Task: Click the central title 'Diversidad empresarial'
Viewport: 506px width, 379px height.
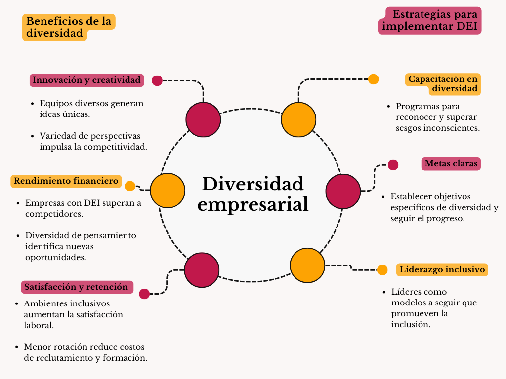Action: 253,194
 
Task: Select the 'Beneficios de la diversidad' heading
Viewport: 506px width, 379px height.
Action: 68,27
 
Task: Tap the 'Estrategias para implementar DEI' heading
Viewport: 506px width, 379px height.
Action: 430,20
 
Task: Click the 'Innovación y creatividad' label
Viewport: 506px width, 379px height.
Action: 87,80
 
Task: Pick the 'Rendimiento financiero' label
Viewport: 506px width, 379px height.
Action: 66,181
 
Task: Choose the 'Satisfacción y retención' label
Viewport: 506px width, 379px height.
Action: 76,287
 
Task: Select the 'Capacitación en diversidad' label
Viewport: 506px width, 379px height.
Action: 443,84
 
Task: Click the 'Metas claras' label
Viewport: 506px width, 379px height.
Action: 451,163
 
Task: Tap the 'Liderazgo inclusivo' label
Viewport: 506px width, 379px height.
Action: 442,269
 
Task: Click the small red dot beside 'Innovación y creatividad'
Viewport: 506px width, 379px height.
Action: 157,80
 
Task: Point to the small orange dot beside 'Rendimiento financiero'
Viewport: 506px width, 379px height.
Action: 130,186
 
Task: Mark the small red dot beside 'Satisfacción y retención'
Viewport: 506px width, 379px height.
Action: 144,294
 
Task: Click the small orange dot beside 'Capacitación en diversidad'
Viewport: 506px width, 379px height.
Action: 374,79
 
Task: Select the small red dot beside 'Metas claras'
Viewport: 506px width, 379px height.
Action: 393,165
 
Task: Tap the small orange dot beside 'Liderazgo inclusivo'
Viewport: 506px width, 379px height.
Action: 382,270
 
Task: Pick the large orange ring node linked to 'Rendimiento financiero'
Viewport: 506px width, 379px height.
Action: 168,190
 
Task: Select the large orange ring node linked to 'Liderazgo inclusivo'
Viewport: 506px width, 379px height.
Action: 307,265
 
